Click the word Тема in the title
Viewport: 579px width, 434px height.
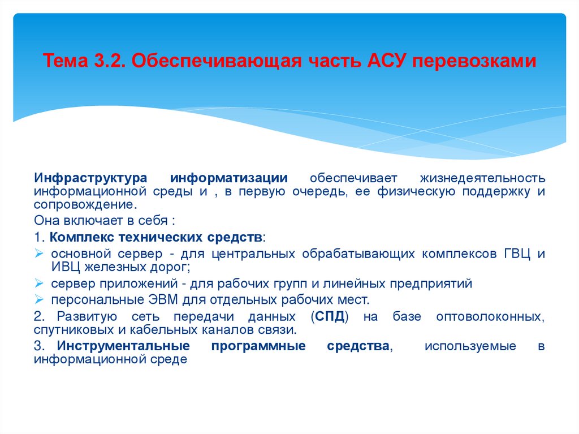pyautogui.click(x=64, y=61)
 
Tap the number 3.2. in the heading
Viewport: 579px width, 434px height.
pyautogui.click(x=107, y=61)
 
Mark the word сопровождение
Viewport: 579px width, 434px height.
pyautogui.click(x=85, y=204)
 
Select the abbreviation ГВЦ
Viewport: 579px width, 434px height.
pyautogui.click(x=516, y=253)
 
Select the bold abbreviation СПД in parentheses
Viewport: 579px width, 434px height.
pyautogui.click(x=330, y=316)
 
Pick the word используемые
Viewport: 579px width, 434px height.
pyautogui.click(x=470, y=346)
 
